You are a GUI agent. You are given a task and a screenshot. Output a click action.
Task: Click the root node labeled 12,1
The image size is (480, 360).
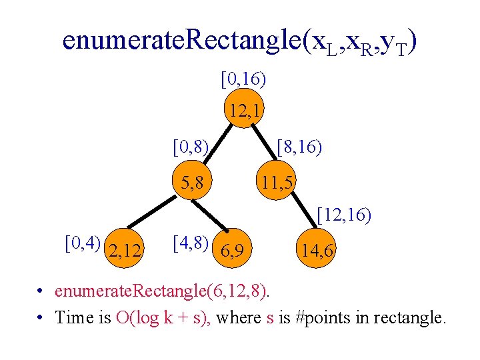[243, 110]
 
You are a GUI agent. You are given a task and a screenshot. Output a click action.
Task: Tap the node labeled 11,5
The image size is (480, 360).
[278, 180]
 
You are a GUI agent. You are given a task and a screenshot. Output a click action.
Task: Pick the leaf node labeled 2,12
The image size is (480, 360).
[124, 251]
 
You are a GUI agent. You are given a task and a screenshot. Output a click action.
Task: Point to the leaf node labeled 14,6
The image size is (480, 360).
[318, 251]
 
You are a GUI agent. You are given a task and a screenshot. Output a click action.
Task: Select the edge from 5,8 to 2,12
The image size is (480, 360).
[159, 214]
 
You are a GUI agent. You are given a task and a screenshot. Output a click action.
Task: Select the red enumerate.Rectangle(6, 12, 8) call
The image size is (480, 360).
[163, 291]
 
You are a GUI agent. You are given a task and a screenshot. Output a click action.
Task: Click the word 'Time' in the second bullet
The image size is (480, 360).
[75, 317]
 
